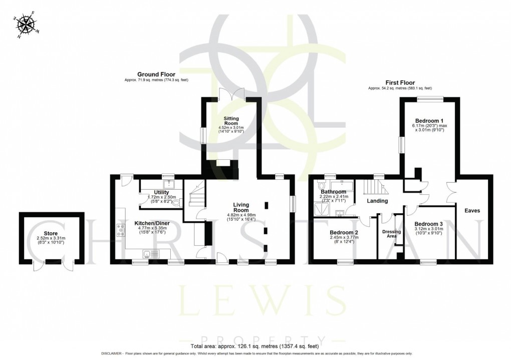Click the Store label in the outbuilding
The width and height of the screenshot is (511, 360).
(x=47, y=233)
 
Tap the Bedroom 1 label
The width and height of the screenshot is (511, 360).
(x=428, y=121)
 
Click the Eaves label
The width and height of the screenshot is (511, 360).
(x=472, y=211)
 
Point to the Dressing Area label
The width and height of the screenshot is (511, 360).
(x=389, y=234)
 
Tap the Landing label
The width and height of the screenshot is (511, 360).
(x=377, y=201)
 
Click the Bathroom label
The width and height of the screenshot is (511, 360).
(x=334, y=192)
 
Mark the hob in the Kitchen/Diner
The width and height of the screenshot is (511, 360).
(x=121, y=230)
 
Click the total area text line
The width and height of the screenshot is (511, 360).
(x=255, y=346)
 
